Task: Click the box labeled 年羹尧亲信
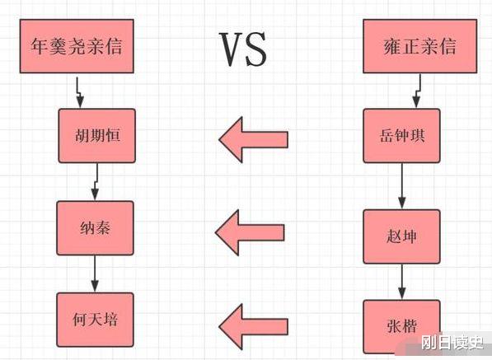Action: click(77, 47)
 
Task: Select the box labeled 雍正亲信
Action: click(420, 47)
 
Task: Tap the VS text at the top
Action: click(243, 49)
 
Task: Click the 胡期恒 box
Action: click(96, 135)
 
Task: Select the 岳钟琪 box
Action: click(401, 135)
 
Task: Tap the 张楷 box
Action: click(401, 326)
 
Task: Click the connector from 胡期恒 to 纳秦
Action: click(95, 181)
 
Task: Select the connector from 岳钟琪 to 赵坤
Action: click(401, 185)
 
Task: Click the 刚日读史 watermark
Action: click(452, 344)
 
